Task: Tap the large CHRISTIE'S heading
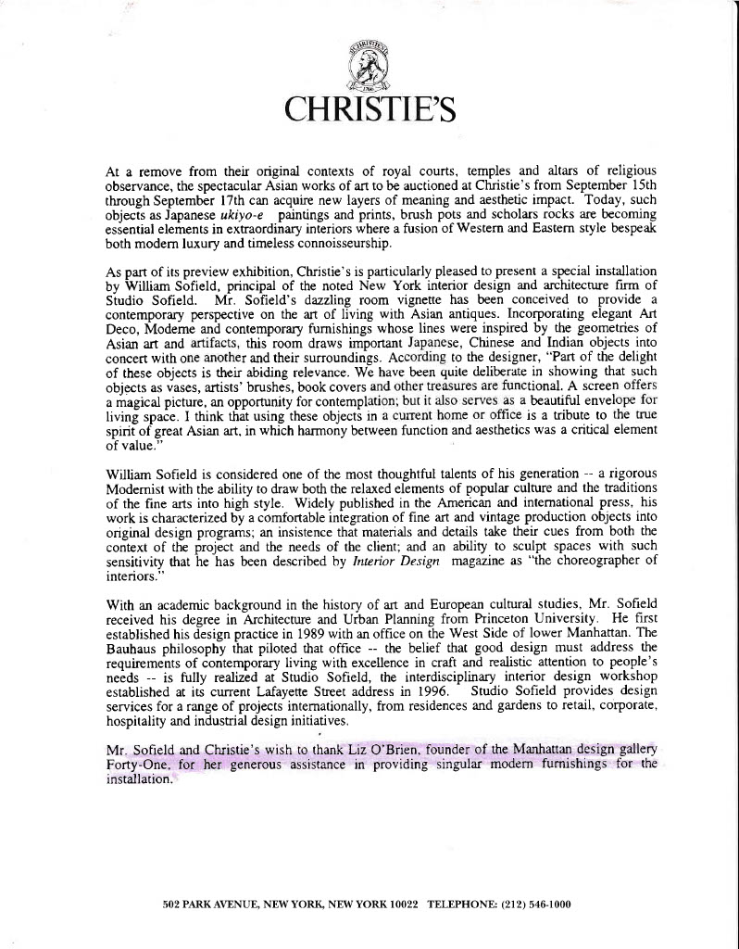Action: point(369,109)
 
